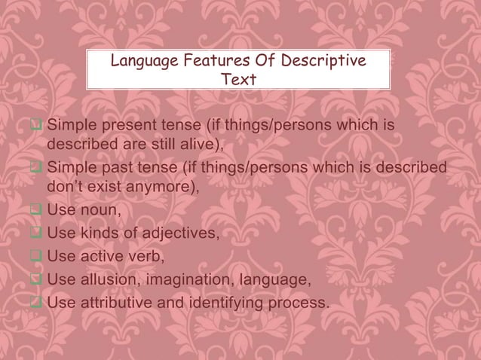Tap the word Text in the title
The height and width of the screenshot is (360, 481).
(x=237, y=79)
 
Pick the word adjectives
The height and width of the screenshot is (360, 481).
(x=177, y=234)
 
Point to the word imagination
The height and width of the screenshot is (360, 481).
(x=191, y=281)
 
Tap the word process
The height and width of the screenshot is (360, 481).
(x=300, y=304)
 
